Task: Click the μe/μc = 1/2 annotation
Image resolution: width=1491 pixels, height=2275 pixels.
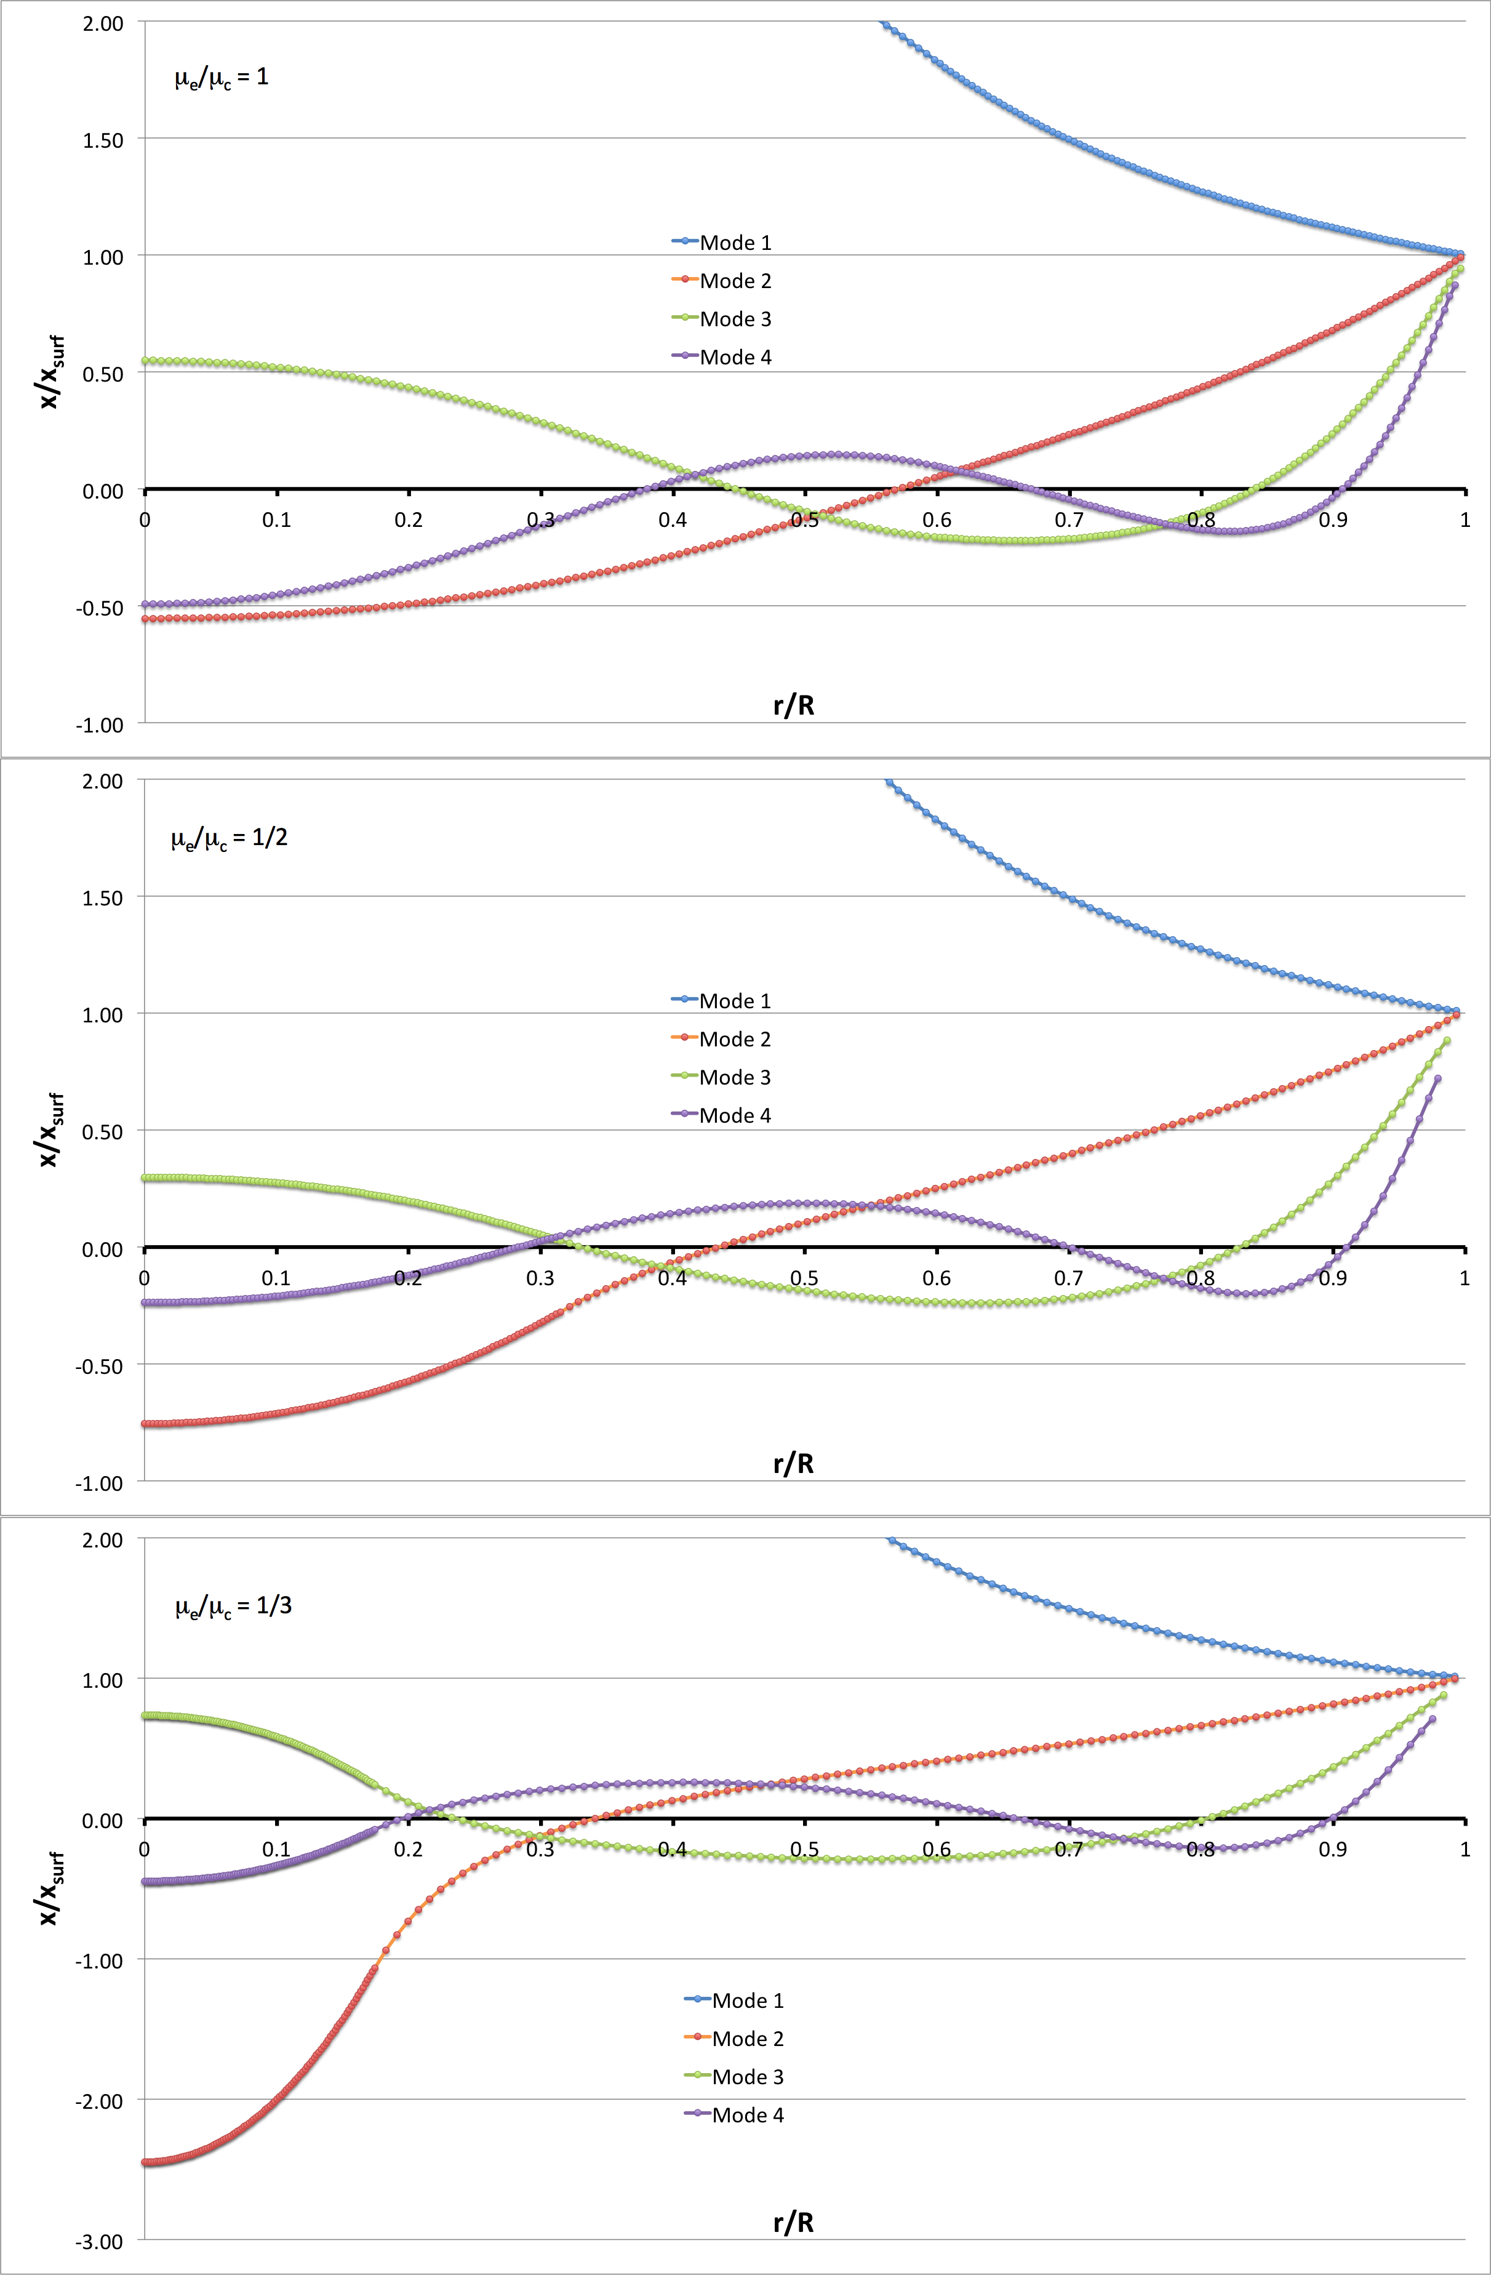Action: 230,838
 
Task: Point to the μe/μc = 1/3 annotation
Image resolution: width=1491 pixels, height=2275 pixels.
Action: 233,1606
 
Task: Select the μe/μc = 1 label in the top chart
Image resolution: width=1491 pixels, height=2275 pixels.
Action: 222,78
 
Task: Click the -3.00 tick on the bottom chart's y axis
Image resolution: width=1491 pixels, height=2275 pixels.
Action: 100,2242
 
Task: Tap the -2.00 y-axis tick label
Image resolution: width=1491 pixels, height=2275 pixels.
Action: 100,2101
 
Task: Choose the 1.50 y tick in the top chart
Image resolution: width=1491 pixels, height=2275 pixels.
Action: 103,140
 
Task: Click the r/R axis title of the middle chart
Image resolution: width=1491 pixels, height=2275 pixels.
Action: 793,1464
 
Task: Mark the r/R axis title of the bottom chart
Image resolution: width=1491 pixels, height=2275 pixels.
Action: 793,2223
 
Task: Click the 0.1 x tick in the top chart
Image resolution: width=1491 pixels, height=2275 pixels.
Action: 276,520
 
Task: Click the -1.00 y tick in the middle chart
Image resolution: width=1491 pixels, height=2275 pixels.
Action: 100,1483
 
